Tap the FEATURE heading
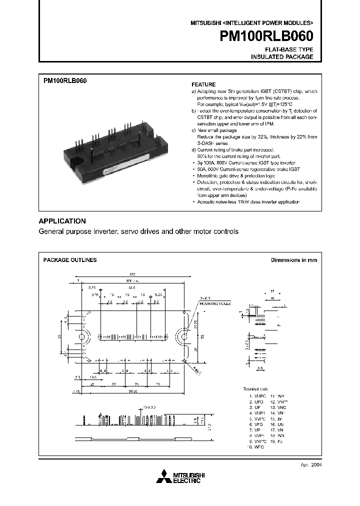point(204,85)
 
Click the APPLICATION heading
point(62,221)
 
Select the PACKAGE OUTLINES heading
point(70,260)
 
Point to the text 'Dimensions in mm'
point(294,260)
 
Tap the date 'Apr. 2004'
point(306,464)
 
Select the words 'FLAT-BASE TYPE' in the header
point(289,49)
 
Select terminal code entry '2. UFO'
point(256,401)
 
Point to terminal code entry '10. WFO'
point(256,446)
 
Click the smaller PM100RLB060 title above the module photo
point(65,81)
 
